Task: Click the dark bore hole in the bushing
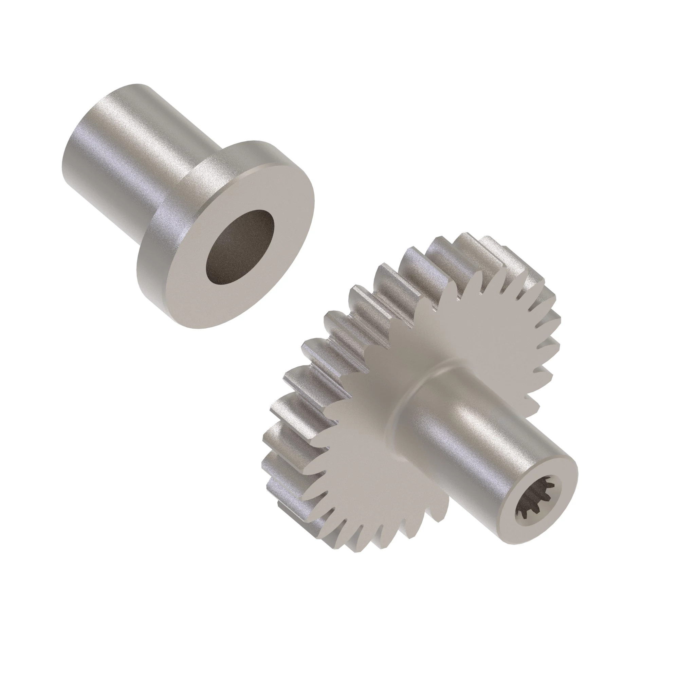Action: click(x=240, y=248)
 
